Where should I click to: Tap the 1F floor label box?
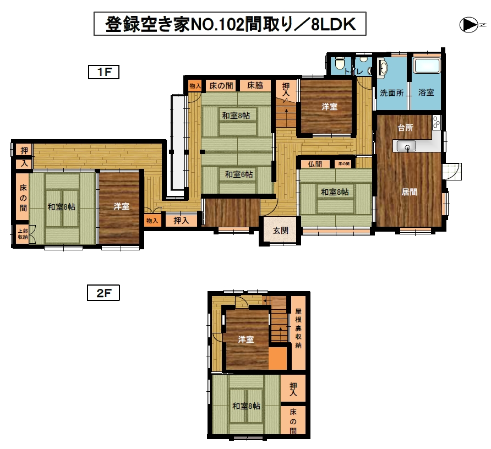(103, 72)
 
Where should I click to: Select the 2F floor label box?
(103, 293)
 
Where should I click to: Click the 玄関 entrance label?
(281, 231)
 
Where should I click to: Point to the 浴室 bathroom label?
(426, 92)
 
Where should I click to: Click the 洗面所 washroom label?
(392, 92)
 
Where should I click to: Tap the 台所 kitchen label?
(406, 128)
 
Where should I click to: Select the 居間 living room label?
(410, 192)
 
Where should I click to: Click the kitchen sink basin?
(406, 146)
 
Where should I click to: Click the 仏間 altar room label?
(315, 164)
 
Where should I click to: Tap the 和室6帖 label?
(239, 174)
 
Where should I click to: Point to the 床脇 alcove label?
(255, 85)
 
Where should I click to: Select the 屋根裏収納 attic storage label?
(298, 328)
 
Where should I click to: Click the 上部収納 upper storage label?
(23, 234)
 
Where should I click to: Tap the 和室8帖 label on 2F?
(246, 406)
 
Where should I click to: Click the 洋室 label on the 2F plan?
(246, 340)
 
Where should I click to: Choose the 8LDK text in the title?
(334, 24)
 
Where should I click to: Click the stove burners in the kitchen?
(437, 122)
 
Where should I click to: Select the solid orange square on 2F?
(278, 358)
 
